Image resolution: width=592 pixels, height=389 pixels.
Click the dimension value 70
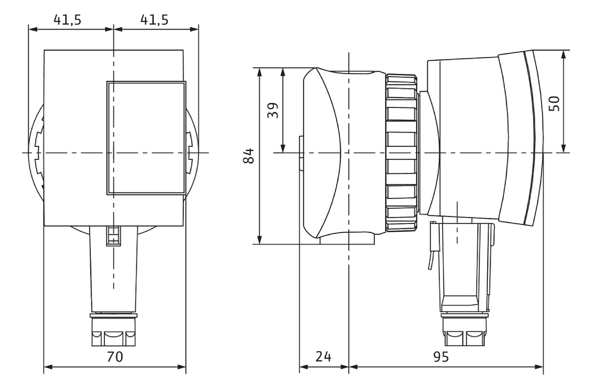[x=115, y=357]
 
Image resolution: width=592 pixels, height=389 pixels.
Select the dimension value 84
[x=249, y=156]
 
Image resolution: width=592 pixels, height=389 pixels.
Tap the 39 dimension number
[x=273, y=110]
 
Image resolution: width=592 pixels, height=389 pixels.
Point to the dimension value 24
[x=323, y=357]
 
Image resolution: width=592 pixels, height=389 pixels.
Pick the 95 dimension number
[x=441, y=357]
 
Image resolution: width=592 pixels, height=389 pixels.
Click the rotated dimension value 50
[x=554, y=103]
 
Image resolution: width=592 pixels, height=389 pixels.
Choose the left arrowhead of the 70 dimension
[x=48, y=367]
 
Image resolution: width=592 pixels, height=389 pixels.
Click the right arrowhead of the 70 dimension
[x=181, y=367]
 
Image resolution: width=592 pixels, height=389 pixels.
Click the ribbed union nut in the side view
[x=401, y=153]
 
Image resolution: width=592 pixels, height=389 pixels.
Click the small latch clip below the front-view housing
[x=114, y=236]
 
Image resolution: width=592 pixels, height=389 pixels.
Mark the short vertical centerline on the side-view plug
[x=457, y=222]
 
